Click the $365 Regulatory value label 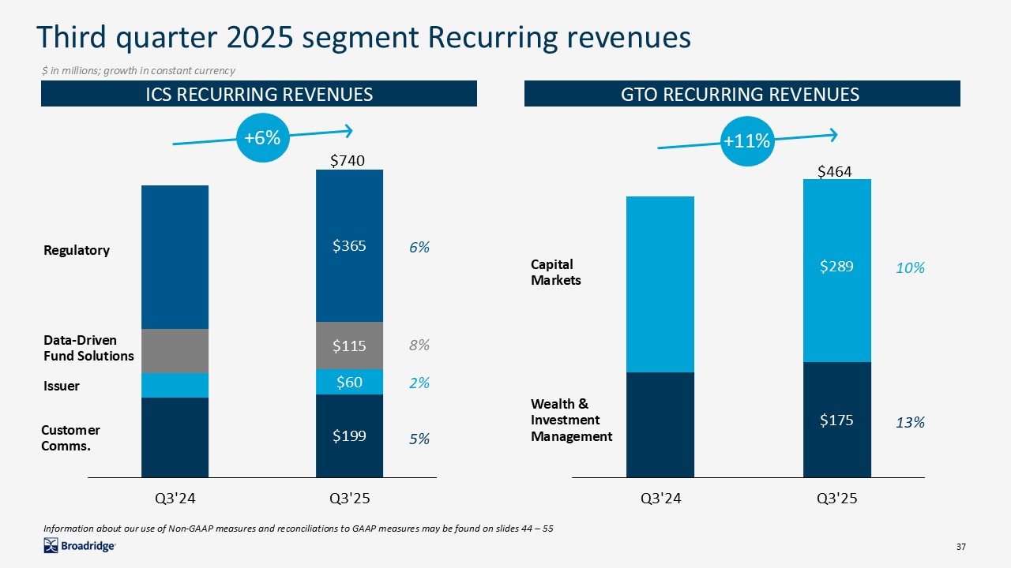point(348,246)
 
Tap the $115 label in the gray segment point(348,346)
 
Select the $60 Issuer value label point(349,383)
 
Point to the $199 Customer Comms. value point(348,435)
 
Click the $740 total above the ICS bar point(347,161)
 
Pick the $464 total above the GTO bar point(834,171)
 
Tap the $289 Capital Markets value point(836,267)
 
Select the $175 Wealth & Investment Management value point(836,420)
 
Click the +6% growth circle point(262,138)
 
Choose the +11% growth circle point(746,141)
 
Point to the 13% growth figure point(910,423)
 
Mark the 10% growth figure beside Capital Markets point(910,268)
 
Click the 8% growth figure point(419,346)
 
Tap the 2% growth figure point(419,383)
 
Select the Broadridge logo point(80,546)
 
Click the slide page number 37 point(961,547)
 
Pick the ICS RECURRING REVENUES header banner point(259,95)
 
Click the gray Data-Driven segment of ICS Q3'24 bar point(175,351)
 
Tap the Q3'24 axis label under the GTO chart point(660,499)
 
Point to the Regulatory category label point(76,250)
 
